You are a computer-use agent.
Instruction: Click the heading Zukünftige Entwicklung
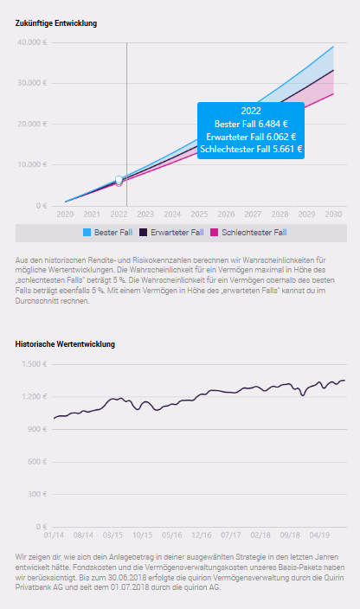pos(56,23)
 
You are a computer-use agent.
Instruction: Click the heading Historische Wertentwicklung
pos(65,344)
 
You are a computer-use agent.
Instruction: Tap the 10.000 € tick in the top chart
pos(34,164)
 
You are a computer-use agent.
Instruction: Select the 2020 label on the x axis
pos(65,214)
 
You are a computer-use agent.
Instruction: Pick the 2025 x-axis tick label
pos(199,214)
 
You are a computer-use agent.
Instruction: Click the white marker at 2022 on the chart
pos(119,180)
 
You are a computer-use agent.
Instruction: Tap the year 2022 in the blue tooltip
pos(251,112)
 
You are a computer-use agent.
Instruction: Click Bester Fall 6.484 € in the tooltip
pos(251,124)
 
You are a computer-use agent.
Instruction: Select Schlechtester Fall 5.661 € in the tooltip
pos(251,149)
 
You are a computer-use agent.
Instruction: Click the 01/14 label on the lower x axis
pos(54,535)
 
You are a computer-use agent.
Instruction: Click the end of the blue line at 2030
pos(333,47)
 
